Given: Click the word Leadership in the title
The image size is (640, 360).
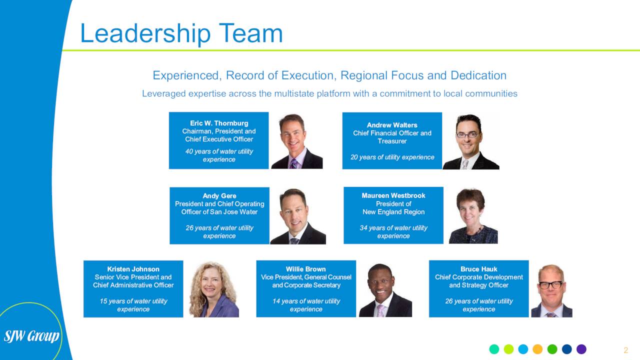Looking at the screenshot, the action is click(x=145, y=33).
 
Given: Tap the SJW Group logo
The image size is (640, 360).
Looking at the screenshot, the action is click(x=31, y=336).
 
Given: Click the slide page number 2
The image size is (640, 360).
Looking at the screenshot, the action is click(x=625, y=350).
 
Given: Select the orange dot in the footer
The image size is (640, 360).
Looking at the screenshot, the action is click(x=537, y=349).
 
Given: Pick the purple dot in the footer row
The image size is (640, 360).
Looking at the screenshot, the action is click(x=581, y=349).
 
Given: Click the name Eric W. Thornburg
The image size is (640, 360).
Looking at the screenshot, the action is click(x=219, y=123).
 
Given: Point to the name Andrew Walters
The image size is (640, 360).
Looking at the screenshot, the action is click(x=392, y=125).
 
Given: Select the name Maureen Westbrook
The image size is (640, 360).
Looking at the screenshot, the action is click(x=393, y=195).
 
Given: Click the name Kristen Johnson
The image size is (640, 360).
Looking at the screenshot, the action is click(x=133, y=269).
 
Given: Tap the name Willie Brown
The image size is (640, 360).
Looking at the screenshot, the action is click(x=305, y=269).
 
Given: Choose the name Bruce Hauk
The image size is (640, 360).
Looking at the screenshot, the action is click(x=479, y=269).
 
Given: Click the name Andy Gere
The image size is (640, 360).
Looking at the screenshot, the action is click(x=219, y=196).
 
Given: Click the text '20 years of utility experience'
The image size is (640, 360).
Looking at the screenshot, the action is click(x=392, y=157).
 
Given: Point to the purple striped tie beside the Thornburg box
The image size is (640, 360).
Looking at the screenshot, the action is click(x=293, y=163).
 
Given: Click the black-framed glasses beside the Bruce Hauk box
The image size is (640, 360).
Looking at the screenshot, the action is click(x=550, y=285).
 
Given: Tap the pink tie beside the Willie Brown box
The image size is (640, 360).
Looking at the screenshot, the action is click(x=381, y=310).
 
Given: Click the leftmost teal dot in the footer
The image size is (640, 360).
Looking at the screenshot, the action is click(x=494, y=349).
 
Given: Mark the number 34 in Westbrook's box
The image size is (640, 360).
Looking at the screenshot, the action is click(x=363, y=228).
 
